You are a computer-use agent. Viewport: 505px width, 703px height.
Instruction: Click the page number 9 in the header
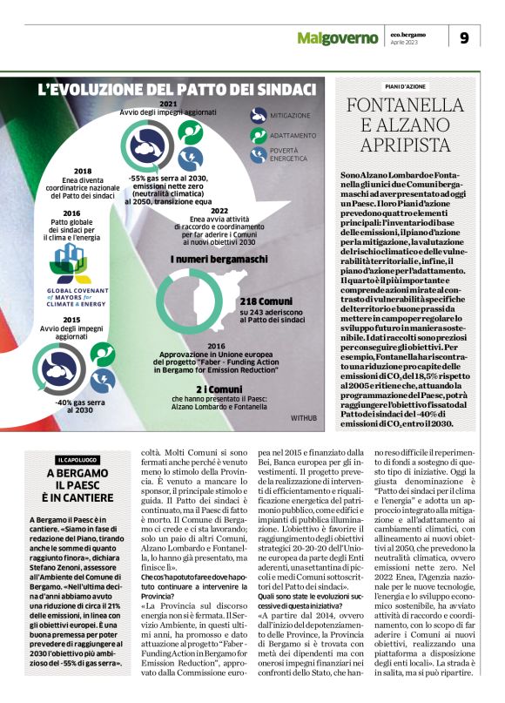(x=464, y=37)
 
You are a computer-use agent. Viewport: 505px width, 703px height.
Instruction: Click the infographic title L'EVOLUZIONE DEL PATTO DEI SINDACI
(x=176, y=89)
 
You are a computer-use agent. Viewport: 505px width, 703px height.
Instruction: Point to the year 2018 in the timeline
(x=84, y=171)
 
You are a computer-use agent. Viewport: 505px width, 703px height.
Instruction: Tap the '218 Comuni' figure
(x=267, y=299)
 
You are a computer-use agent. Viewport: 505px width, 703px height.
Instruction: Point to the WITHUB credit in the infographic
(x=304, y=419)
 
